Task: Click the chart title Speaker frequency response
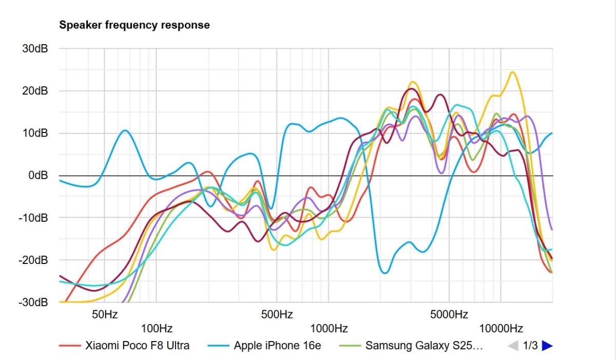(x=134, y=25)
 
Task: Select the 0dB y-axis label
(x=38, y=176)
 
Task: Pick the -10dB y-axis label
(x=33, y=218)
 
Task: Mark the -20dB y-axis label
(x=33, y=260)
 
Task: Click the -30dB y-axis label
(x=33, y=302)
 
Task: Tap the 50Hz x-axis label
(x=104, y=314)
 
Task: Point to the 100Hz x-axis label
(x=157, y=328)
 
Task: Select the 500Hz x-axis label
(x=277, y=314)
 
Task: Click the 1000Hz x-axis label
(x=329, y=328)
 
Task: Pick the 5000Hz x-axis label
(x=449, y=314)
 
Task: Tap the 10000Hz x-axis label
(x=501, y=328)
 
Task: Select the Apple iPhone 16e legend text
(x=277, y=346)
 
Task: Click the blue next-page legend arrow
(x=547, y=346)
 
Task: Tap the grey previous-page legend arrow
(x=513, y=346)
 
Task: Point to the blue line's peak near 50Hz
(x=125, y=130)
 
